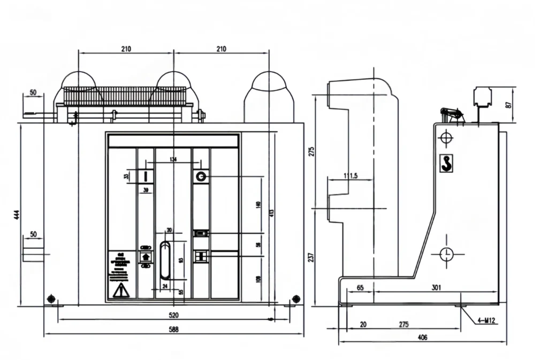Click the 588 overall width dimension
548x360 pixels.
pos(173,330)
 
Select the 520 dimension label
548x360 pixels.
pos(173,315)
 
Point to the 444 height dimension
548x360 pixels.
pos(17,215)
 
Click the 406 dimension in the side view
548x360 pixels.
pos(422,338)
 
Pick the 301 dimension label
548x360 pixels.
pos(436,288)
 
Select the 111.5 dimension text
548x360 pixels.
pos(351,176)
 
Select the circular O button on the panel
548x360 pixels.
pos(201,176)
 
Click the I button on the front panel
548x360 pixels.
pos(146,176)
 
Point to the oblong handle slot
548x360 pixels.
pos(166,261)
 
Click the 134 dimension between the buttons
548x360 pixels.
pos(173,159)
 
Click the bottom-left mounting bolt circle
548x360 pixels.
pos(51,298)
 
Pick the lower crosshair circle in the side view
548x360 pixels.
pos(447,254)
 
